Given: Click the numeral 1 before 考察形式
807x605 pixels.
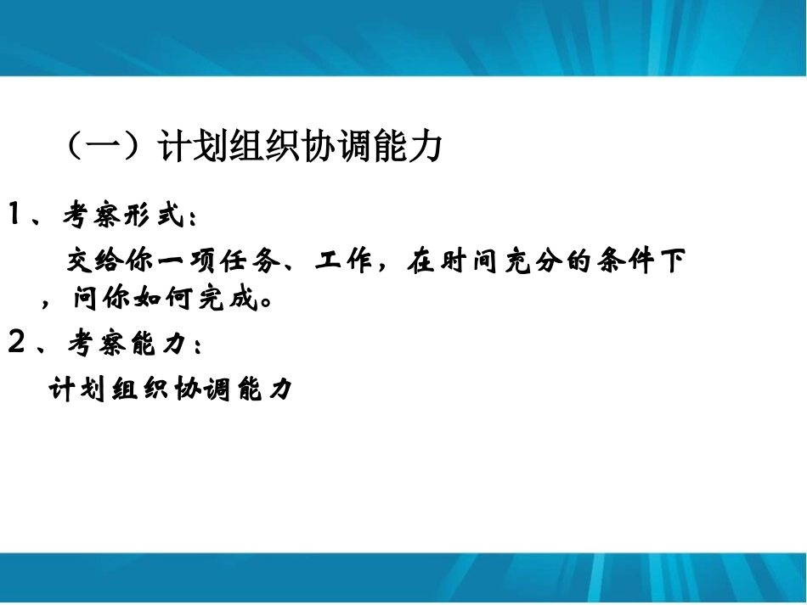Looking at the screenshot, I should (15, 216).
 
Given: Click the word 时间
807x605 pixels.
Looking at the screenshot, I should (463, 261).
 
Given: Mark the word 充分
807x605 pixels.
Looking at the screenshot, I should (533, 261).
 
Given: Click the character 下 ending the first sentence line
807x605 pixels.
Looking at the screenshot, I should (673, 261).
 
